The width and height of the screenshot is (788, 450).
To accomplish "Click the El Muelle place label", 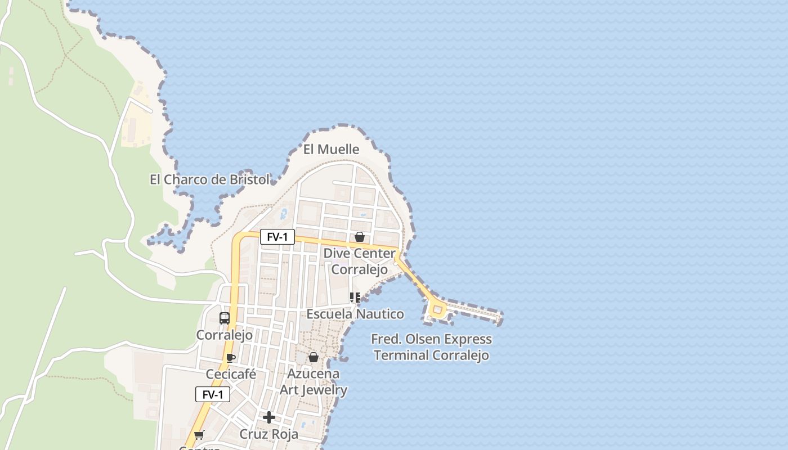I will pos(331,149).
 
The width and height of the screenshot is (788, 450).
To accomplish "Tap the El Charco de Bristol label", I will pos(209,179).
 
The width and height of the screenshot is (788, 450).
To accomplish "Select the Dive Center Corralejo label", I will pos(359,261).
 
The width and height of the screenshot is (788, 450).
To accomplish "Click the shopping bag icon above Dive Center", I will pos(359,237).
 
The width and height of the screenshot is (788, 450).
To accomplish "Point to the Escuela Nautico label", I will pos(355,314).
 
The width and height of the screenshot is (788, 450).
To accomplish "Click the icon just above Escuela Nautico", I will pos(355,297).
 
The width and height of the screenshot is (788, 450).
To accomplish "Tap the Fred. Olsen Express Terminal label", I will pos(431,347).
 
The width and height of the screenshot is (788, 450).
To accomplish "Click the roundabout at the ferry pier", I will pos(437,309).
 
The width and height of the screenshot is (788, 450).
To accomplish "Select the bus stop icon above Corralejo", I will pos(224,318).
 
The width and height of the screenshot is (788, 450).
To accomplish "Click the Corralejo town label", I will pos(224,335).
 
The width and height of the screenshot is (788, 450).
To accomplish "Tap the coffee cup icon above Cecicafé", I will pos(230,358).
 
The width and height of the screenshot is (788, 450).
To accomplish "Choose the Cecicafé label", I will pos(231,374).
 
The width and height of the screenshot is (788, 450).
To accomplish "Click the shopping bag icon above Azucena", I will pos(314,357).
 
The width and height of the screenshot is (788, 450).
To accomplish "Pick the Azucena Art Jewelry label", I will pos(314,381).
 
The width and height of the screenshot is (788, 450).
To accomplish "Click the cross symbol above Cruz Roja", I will pos(269,417).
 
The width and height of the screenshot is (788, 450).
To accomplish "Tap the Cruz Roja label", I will pos(269,434).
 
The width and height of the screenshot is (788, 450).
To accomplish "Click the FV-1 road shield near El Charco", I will pos(277,237).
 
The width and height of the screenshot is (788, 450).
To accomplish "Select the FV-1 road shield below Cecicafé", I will pos(213,394).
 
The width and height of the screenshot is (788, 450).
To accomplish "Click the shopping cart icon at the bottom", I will pos(199,435).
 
